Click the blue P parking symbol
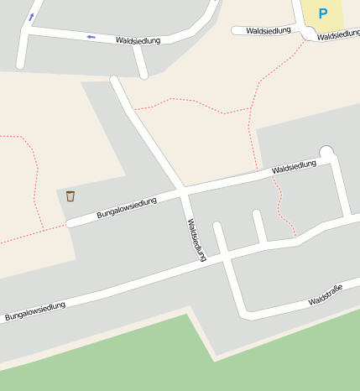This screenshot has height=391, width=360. pyautogui.click(x=323, y=13)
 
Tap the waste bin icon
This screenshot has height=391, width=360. pyautogui.click(x=70, y=196)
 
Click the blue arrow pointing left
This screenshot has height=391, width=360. pyautogui.click(x=90, y=37)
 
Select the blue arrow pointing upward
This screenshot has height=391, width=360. pyautogui.click(x=32, y=16)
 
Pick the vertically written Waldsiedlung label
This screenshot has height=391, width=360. pyautogui.click(x=196, y=240)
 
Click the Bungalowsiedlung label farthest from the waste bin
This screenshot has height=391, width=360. pyautogui.click(x=35, y=311)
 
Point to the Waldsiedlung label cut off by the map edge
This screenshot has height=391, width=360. pyautogui.click(x=340, y=36)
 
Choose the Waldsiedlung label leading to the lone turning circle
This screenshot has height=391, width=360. pyautogui.click(x=294, y=168)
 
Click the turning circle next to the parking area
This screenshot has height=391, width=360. pyautogui.click(x=310, y=33)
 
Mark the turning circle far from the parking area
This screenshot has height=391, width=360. pyautogui.click(x=326, y=152)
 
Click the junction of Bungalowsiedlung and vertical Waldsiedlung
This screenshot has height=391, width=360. pyautogui.click(x=184, y=192)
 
